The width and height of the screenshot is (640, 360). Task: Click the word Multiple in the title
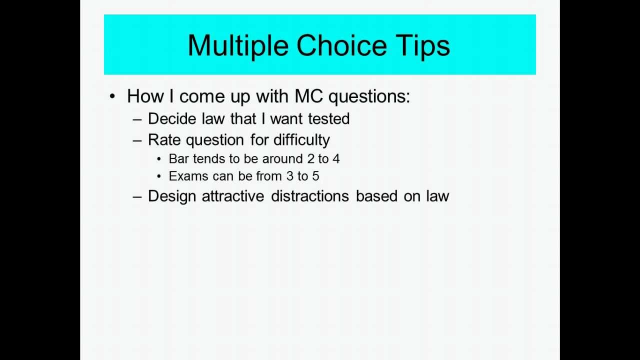click(x=237, y=45)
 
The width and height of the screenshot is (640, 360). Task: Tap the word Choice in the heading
click(x=341, y=45)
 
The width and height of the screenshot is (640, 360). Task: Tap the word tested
click(x=328, y=118)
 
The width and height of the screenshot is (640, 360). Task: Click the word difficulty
click(x=301, y=140)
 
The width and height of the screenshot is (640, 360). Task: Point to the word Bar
click(x=179, y=158)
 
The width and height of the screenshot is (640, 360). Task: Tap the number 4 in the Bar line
click(x=336, y=158)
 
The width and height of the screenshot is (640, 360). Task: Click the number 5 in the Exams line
click(x=315, y=176)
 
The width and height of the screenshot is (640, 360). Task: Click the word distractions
click(x=309, y=195)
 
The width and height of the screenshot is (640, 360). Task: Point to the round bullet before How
click(x=112, y=96)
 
